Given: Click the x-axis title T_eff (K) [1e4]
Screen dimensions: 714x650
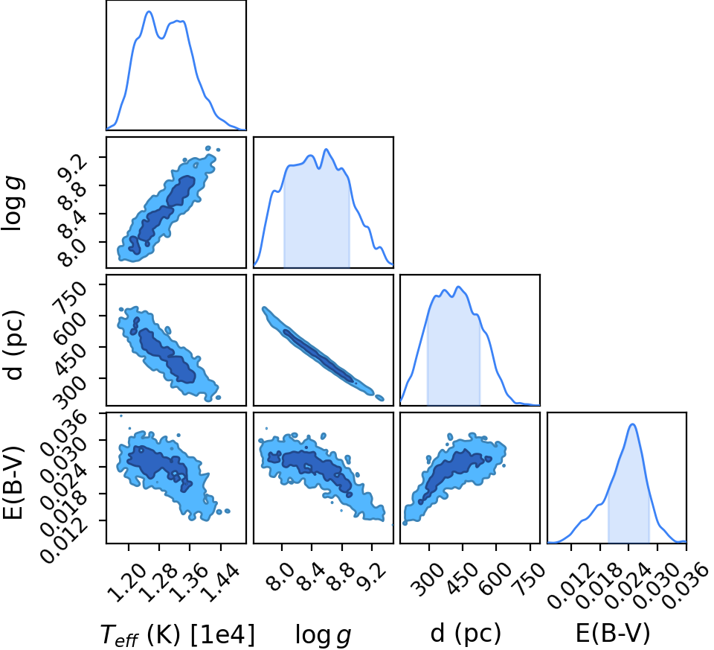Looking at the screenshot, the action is click(x=177, y=634).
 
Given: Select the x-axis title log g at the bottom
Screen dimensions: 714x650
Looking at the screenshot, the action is click(x=324, y=634).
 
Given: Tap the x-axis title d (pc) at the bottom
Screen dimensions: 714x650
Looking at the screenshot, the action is click(x=466, y=634).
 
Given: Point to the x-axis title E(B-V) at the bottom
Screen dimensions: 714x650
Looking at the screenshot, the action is click(x=613, y=633).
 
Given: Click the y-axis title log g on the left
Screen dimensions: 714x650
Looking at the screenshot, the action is click(x=13, y=205).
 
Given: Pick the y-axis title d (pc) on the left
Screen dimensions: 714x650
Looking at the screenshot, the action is click(x=13, y=345).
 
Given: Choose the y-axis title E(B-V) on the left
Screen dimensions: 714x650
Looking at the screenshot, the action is click(x=13, y=482).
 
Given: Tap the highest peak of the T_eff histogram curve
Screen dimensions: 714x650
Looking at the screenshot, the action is click(x=149, y=12).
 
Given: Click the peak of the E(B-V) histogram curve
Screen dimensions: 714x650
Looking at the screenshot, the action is click(x=632, y=424).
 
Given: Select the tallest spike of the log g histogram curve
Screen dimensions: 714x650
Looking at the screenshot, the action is click(x=326, y=150).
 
